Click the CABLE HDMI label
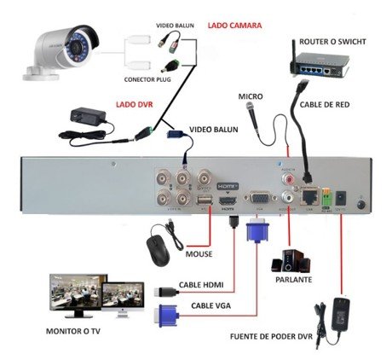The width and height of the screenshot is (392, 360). click(x=200, y=286)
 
